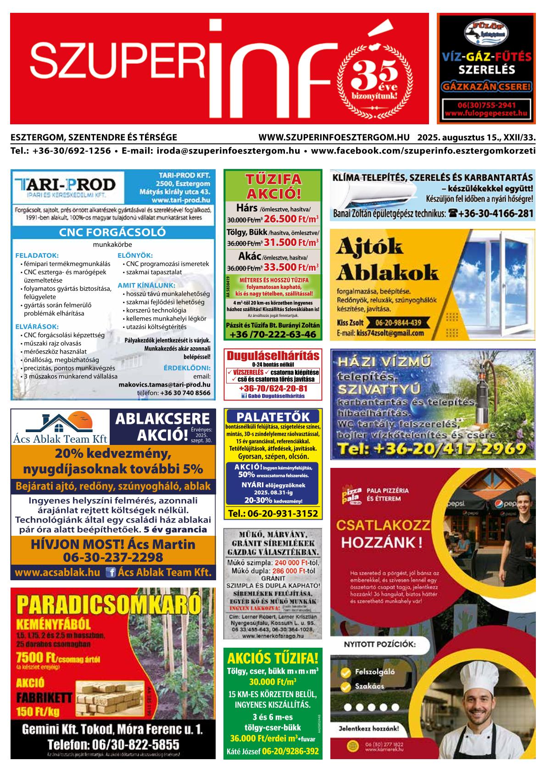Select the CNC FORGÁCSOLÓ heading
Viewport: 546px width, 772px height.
112,232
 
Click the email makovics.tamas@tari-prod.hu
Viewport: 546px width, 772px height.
164,385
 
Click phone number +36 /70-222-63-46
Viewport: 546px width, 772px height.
273,334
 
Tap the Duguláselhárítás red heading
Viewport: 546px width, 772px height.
273,356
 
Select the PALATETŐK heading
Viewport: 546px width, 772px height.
273,417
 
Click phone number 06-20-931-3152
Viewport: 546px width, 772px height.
273,513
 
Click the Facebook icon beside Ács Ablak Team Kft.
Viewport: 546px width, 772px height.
110,572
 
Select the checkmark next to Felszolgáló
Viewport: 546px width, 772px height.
346,672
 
